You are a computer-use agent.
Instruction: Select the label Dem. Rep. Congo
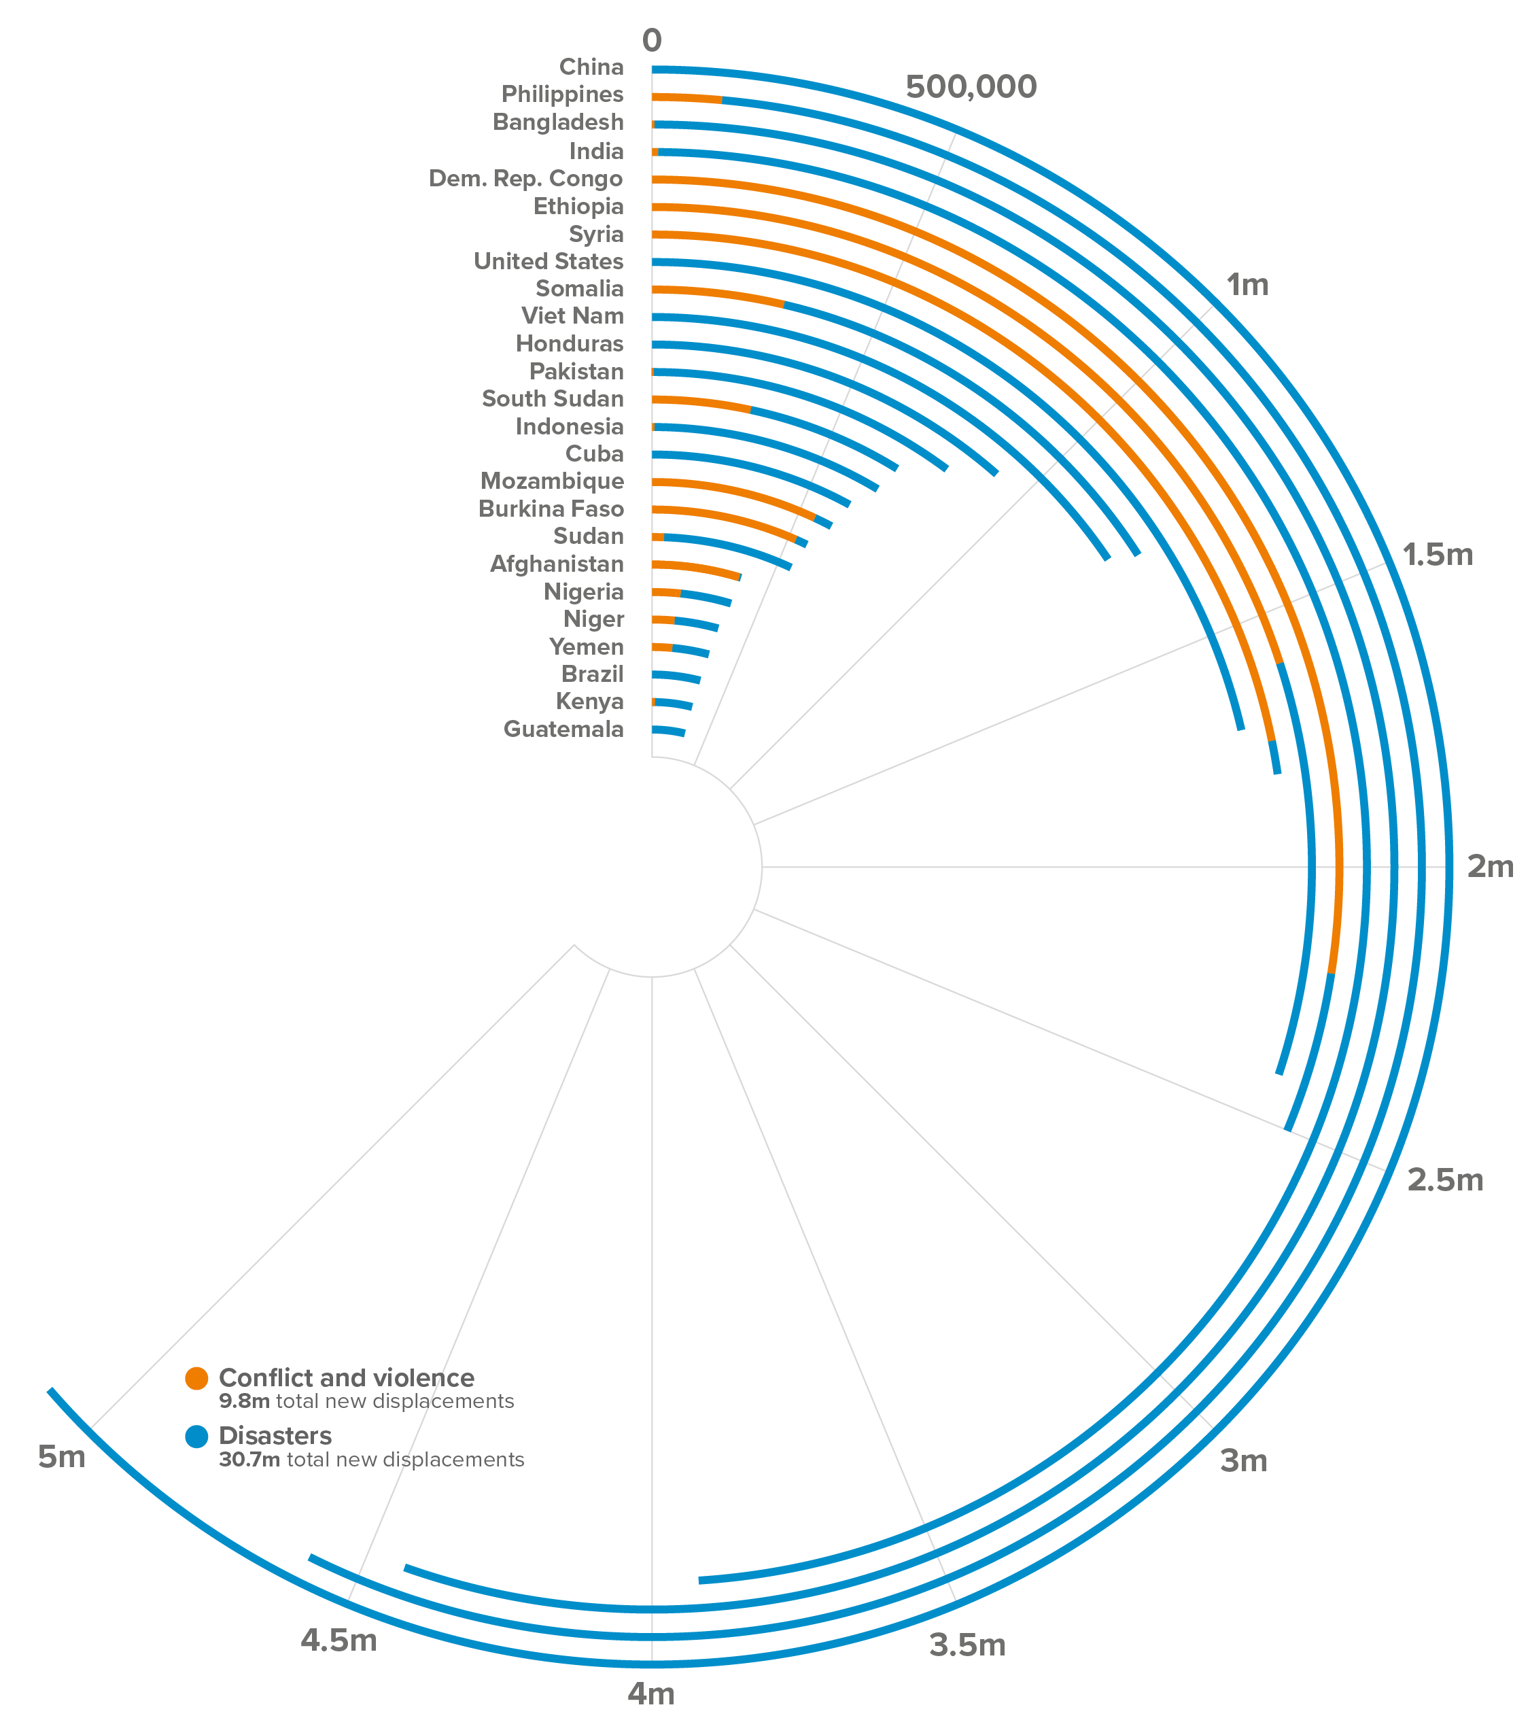point(525,179)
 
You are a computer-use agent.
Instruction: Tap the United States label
point(549,262)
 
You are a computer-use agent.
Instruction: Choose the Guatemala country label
point(563,729)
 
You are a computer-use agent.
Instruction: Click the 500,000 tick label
point(971,86)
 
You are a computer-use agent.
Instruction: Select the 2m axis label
point(1490,867)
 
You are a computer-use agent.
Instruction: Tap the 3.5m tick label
point(967,1646)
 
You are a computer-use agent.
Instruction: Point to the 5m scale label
point(62,1458)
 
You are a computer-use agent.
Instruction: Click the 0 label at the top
point(652,40)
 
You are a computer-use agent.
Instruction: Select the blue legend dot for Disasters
point(196,1437)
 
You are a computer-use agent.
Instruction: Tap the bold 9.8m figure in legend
point(245,1401)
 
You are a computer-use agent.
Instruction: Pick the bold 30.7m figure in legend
point(249,1460)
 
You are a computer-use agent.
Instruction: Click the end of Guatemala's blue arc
point(683,734)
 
